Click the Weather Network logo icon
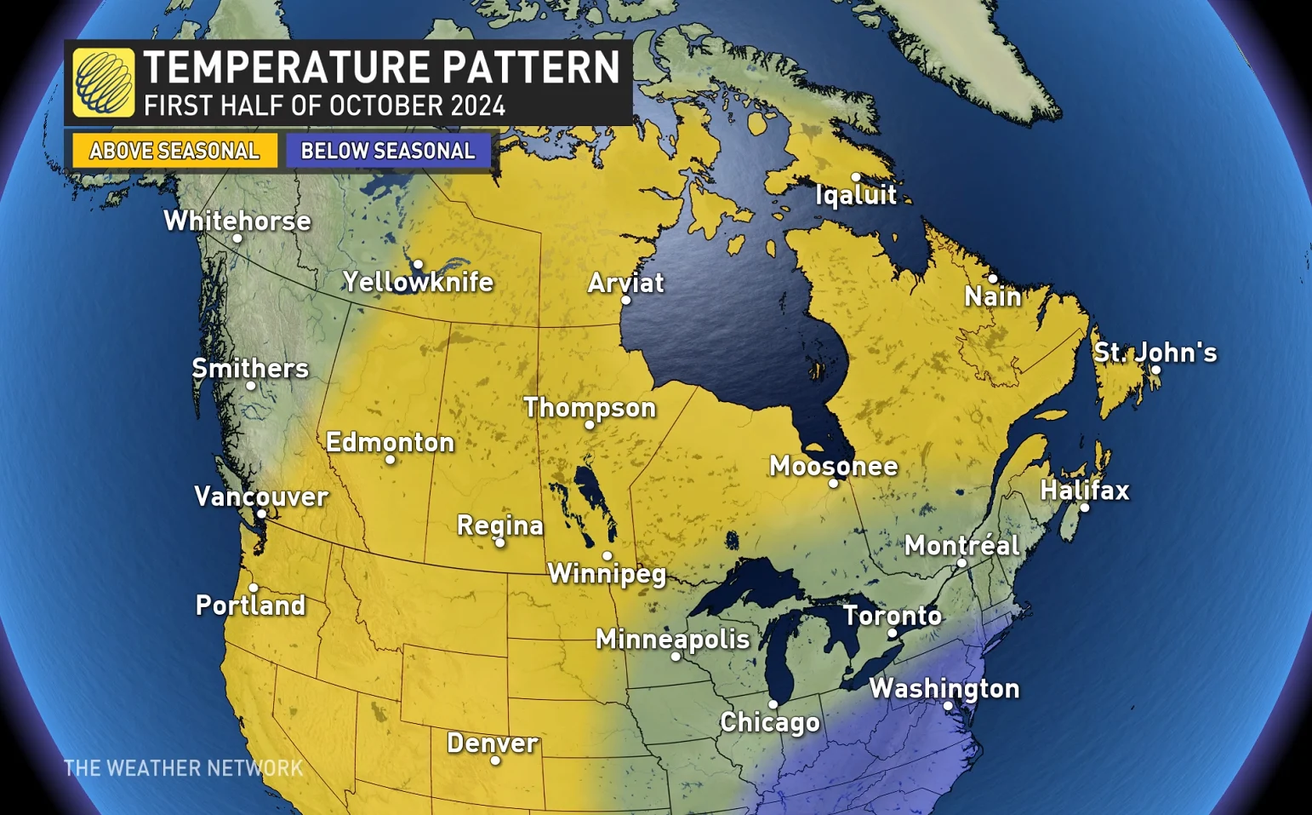point(103,83)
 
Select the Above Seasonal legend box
point(174,151)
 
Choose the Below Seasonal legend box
point(388,151)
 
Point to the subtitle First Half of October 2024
point(324,106)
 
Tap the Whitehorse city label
point(237,221)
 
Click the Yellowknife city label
point(418,282)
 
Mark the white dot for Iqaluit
point(855,177)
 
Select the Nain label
point(992,296)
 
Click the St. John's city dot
point(1155,370)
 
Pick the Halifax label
point(1085,490)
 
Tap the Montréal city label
point(961,545)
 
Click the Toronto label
point(892,615)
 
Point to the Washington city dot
point(948,706)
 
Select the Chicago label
point(770,722)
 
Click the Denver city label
point(493,743)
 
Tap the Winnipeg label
point(607,573)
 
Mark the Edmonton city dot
point(390,460)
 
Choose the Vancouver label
point(261,496)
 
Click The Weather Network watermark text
point(184,768)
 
